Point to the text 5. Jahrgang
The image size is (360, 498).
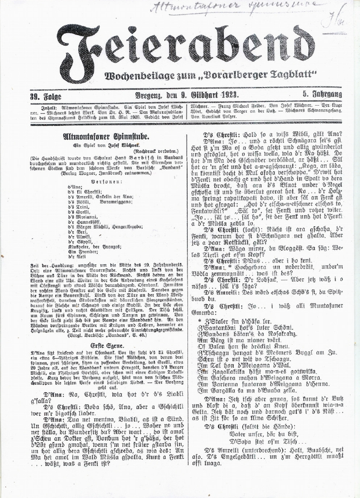(322, 95)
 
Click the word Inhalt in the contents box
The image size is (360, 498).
(42, 106)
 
